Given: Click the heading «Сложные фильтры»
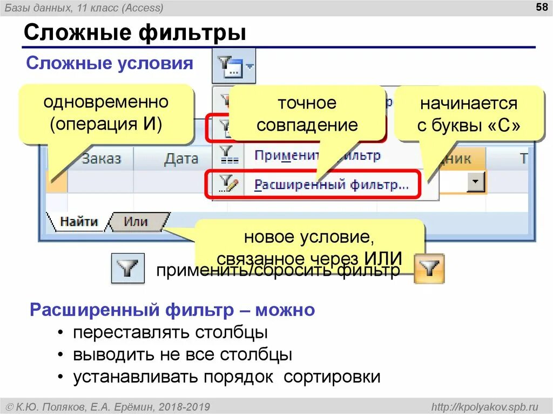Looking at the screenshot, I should (135, 33).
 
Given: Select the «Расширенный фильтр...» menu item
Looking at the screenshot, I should (331, 185).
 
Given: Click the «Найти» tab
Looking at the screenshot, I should (78, 221).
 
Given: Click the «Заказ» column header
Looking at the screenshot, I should (101, 159).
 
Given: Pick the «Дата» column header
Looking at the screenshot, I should (181, 159).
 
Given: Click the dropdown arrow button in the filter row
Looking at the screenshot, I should (476, 182).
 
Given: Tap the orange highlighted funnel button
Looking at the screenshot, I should (429, 268).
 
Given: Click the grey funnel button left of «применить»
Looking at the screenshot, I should (127, 268).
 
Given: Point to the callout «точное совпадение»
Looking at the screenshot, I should (307, 114).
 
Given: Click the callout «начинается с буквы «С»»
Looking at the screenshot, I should (468, 114).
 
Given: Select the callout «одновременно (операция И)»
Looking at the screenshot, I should (106, 113).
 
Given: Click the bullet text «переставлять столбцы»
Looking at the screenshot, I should (171, 332).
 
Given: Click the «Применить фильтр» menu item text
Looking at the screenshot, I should (318, 156).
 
